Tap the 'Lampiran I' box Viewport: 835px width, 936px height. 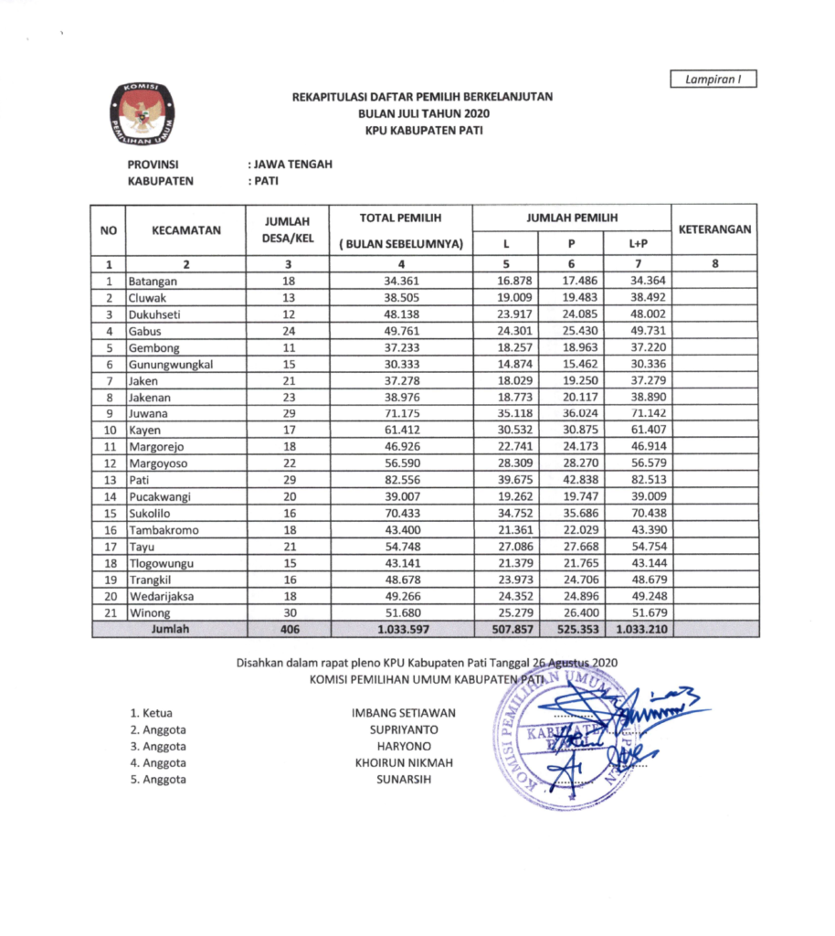pyautogui.click(x=713, y=80)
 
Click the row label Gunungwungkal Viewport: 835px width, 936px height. pyautogui.click(x=171, y=364)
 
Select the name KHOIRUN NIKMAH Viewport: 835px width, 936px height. pyautogui.click(x=402, y=762)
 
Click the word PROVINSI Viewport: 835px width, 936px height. pyautogui.click(x=152, y=165)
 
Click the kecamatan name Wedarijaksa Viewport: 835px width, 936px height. pyautogui.click(x=164, y=596)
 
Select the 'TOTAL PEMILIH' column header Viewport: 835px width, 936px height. pyautogui.click(x=401, y=218)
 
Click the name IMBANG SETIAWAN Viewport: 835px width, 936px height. pyautogui.click(x=403, y=713)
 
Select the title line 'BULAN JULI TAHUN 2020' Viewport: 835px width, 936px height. pyautogui.click(x=422, y=113)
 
